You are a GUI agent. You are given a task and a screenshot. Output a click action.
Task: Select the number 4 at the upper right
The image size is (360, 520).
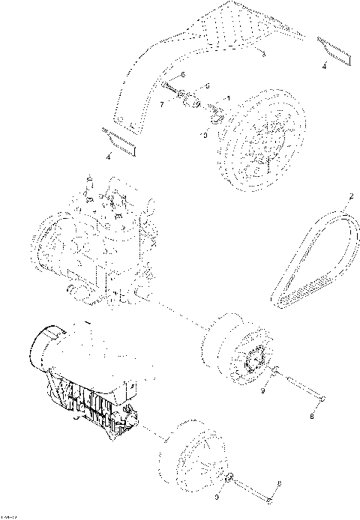click(x=324, y=67)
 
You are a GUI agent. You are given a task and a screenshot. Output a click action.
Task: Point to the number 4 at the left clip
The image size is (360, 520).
click(x=109, y=156)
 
